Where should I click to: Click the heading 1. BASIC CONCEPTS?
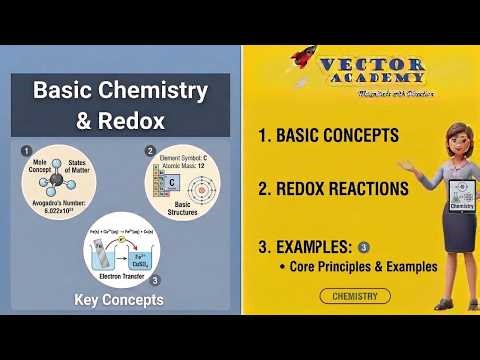[x=327, y=135]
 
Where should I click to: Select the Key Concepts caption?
[x=119, y=299]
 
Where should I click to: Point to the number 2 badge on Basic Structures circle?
[x=150, y=151]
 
